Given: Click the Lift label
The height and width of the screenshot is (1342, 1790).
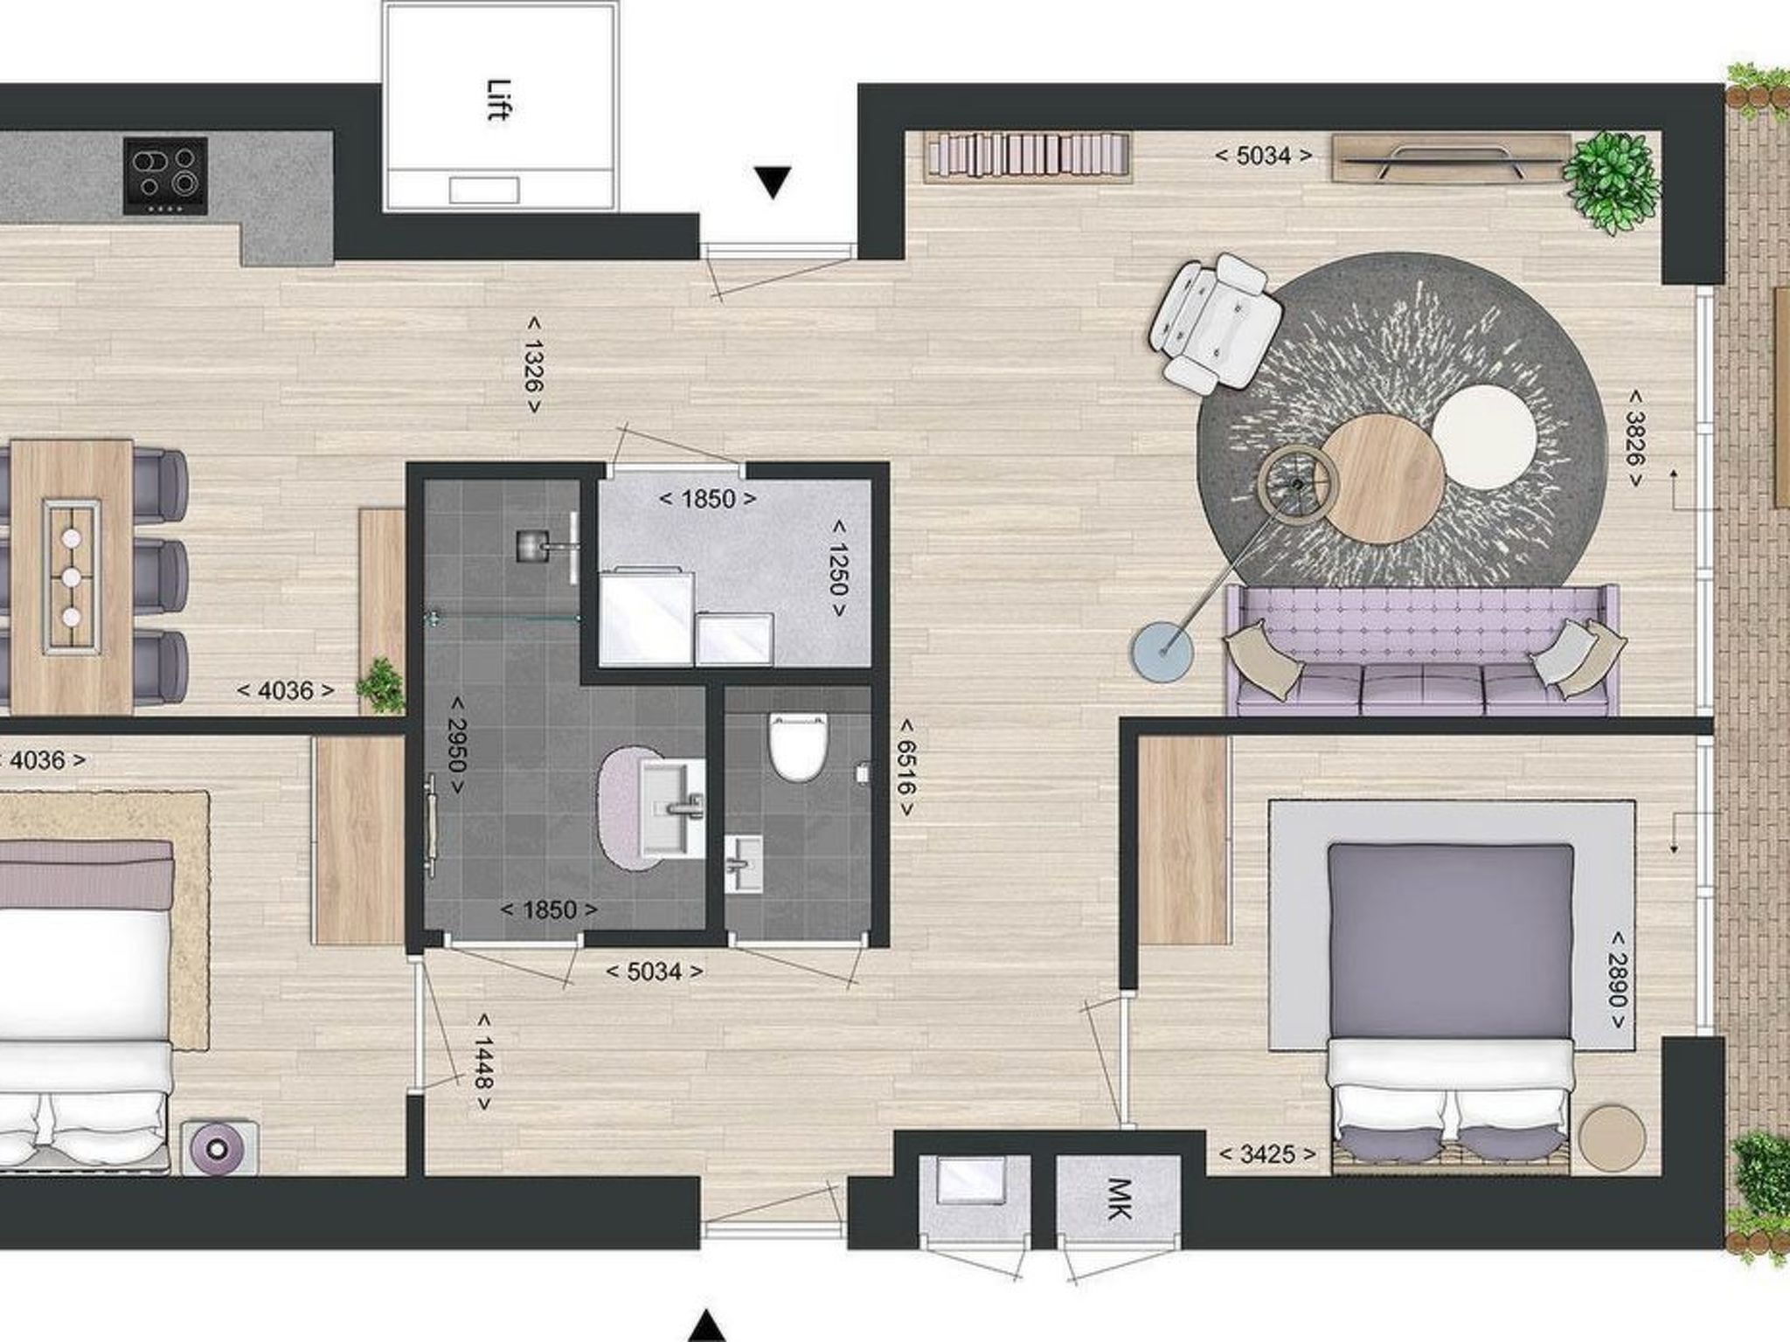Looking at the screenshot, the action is pos(498,100).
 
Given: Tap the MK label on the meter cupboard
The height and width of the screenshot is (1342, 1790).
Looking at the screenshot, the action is pos(1119,1199).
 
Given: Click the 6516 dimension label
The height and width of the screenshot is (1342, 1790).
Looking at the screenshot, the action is pos(906,767).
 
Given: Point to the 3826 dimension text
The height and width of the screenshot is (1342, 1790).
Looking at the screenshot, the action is pos(1634,439).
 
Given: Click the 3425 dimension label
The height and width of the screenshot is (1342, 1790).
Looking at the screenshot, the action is pos(1267,1154).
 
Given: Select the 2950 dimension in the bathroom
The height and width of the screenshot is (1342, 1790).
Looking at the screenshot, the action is pos(455,745).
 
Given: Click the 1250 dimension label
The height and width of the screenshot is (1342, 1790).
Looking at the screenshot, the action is pos(838,569).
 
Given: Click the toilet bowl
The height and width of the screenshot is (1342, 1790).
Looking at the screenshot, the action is pos(797,747).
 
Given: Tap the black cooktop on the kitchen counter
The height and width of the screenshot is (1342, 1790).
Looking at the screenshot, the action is pos(166,176).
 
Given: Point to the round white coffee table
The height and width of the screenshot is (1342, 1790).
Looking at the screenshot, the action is pos(1484,437).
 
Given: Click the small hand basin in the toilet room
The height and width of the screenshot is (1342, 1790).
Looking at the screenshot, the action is pos(743,864).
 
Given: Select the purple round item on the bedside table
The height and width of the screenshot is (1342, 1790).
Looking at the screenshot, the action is pos(219,1147).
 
